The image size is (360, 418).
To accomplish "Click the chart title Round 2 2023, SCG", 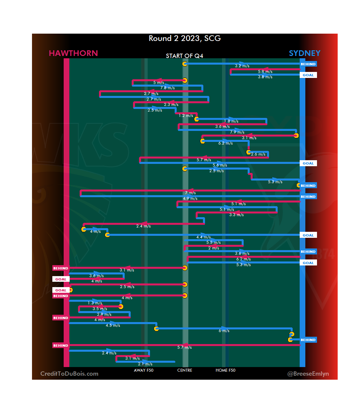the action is (185, 39).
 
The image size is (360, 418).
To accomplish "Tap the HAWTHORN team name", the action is (73, 53).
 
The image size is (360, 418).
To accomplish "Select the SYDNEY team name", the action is (304, 53).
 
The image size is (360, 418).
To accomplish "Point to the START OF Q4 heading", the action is (184, 56).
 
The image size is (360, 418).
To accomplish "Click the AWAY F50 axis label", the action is (144, 370).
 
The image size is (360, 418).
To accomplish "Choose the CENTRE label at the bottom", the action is (185, 370).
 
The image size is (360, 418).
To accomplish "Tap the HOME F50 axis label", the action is (225, 370).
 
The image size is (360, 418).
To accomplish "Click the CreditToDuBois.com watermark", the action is (69, 374).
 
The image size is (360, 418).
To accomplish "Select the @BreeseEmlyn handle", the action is (308, 374).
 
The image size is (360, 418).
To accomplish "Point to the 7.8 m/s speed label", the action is (167, 88).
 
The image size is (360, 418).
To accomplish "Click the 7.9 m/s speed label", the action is (237, 133).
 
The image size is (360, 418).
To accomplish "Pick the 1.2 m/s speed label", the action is (186, 116).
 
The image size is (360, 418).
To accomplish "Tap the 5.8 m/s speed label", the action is (265, 72).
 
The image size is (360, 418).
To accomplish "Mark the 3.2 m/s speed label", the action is (242, 66).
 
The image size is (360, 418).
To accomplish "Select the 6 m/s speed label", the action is (224, 331).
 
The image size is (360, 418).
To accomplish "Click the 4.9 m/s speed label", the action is (190, 199).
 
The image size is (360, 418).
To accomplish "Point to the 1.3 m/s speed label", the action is (95, 303).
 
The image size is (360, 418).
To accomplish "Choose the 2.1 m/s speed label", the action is (145, 364).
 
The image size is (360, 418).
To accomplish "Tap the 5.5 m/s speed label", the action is (213, 243).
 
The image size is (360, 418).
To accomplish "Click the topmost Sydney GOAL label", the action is (308, 75).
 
